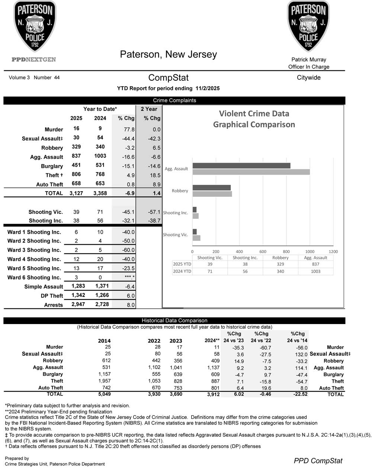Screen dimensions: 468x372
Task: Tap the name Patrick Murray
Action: [x=308, y=60]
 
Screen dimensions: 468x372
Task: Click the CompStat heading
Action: [x=168, y=78]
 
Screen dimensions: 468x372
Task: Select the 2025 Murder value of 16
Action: [x=76, y=128]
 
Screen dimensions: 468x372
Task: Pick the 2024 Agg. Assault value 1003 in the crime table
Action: [x=100, y=156]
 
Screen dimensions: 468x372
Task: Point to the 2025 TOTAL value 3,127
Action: [x=76, y=193]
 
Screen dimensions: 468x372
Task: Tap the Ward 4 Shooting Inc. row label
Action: [x=34, y=259]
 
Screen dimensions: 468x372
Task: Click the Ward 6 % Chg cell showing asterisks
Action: [x=129, y=278]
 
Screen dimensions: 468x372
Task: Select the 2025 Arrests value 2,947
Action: [x=78, y=304]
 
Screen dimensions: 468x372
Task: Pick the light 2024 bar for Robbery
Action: [x=212, y=194]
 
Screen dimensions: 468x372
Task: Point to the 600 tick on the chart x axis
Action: [x=263, y=251]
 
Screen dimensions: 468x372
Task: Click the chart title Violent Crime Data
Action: [x=254, y=114]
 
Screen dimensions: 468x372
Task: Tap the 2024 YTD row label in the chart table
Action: [x=182, y=271]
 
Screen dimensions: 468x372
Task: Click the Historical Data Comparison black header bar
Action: [x=174, y=320]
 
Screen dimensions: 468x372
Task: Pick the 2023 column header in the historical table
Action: [x=176, y=341]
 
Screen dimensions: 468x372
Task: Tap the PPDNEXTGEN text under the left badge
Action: [x=34, y=60]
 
